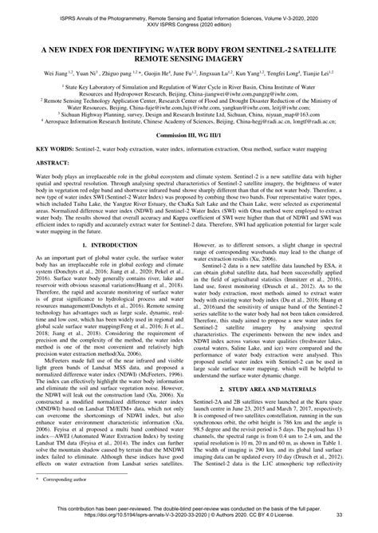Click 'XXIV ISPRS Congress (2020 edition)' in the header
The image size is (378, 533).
(x=189, y=14)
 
